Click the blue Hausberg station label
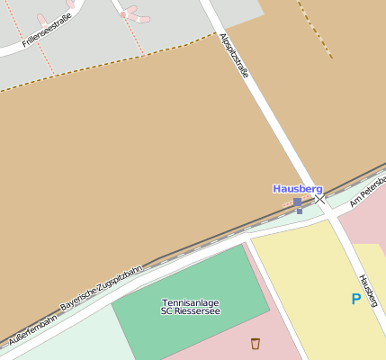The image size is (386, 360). pos(297,189)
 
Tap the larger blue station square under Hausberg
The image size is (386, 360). pos(297,202)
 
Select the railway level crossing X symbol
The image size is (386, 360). pos(320,198)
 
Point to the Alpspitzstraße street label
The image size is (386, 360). pos(234,56)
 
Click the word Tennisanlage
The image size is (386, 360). pos(190,302)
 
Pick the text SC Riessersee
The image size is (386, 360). pos(190,311)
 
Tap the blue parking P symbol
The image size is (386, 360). pos(355,299)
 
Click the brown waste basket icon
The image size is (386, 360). pos(255,343)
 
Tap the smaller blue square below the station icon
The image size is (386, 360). pos(299,211)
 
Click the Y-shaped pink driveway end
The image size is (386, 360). pos(133,13)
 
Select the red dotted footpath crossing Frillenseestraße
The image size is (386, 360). pos(43,54)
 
